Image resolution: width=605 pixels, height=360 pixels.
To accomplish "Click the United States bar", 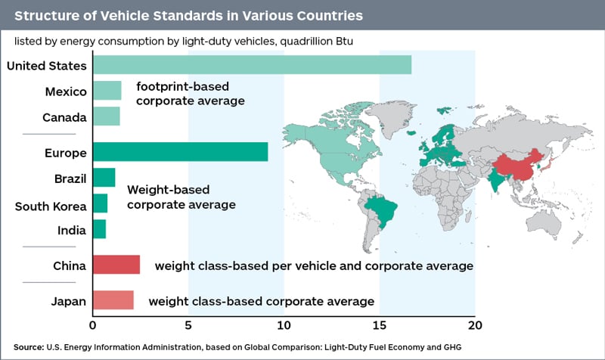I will pyautogui.click(x=252, y=65).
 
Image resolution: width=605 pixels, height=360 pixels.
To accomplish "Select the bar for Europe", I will pyautogui.click(x=180, y=152).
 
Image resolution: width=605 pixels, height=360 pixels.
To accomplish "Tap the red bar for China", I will pyautogui.click(x=116, y=265).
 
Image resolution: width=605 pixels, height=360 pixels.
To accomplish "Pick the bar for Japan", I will pyautogui.click(x=113, y=300).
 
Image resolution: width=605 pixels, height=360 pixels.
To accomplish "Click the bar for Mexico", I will pyautogui.click(x=107, y=92).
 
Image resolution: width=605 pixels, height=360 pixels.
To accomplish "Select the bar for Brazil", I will pyautogui.click(x=104, y=178).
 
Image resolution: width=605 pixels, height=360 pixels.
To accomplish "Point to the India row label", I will pyautogui.click(x=70, y=230).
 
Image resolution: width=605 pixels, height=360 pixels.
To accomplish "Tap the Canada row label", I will pyautogui.click(x=64, y=118).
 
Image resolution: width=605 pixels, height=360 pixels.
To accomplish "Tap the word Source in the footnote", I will pyautogui.click(x=28, y=346).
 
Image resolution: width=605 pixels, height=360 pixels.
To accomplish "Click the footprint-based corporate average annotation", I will pyautogui.click(x=190, y=93).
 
